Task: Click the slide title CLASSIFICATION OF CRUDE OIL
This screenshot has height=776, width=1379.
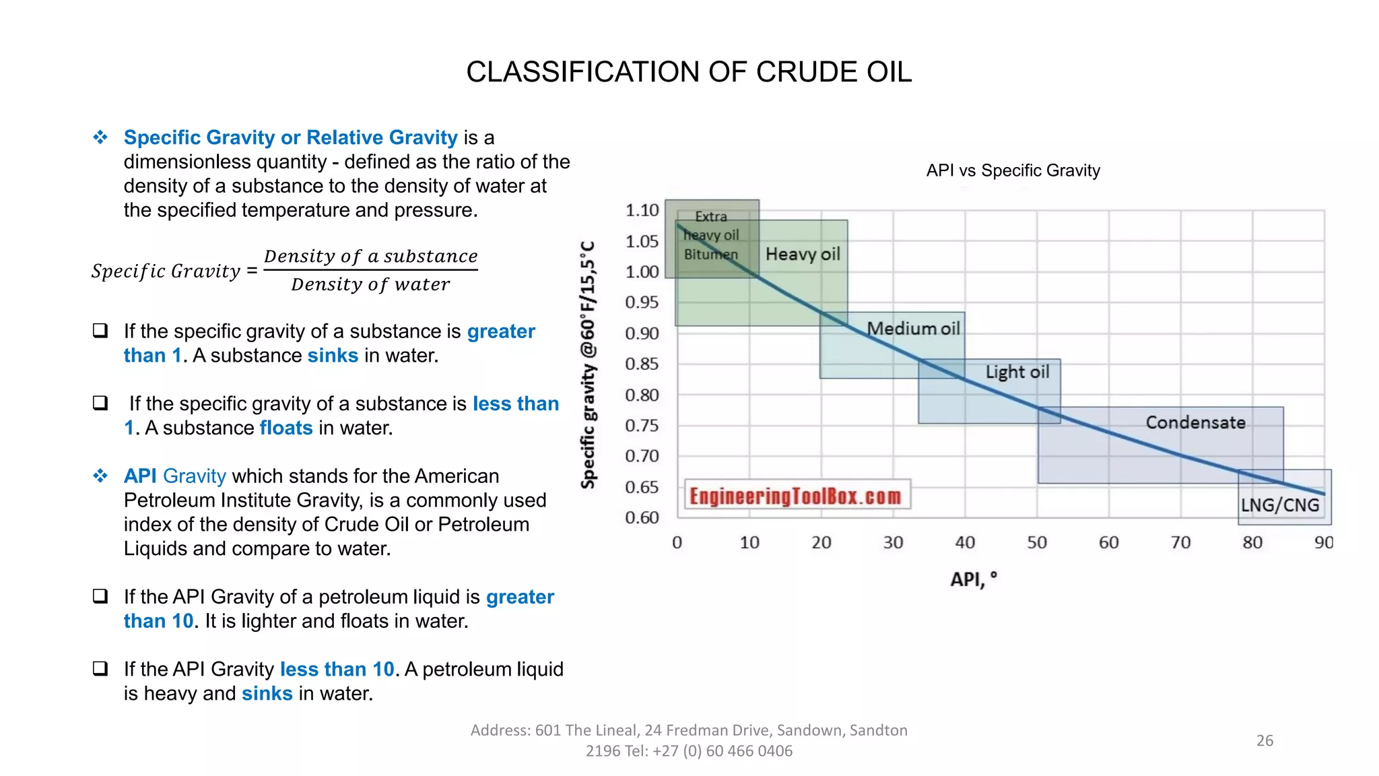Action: coord(689,72)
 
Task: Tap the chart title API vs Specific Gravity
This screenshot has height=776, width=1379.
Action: coord(1013,170)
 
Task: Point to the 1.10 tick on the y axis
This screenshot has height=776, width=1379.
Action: coord(642,210)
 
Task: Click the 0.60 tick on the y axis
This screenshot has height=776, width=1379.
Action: coord(642,517)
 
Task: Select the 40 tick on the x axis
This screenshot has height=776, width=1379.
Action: coord(965,542)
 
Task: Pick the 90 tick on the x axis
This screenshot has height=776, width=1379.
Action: coord(1323,542)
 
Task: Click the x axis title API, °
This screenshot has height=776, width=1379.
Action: coord(973,579)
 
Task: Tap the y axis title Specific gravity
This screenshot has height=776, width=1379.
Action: coord(588,364)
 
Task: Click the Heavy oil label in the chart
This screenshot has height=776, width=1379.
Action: coord(803,254)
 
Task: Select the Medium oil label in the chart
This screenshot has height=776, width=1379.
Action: coord(913,329)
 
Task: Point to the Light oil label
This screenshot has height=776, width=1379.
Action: coord(1017,372)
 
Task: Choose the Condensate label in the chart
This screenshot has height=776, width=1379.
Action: coord(1195,422)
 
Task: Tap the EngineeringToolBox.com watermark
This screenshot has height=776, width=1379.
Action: coord(795,496)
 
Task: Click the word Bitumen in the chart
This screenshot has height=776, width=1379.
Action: coord(711,255)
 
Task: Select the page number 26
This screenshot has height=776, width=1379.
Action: coord(1265,740)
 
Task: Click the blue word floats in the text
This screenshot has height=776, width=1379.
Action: coord(286,428)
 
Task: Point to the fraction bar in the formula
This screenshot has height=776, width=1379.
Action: coord(370,270)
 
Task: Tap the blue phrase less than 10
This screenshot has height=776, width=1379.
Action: coord(337,669)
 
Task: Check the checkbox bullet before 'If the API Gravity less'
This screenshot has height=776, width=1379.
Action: coord(100,668)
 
